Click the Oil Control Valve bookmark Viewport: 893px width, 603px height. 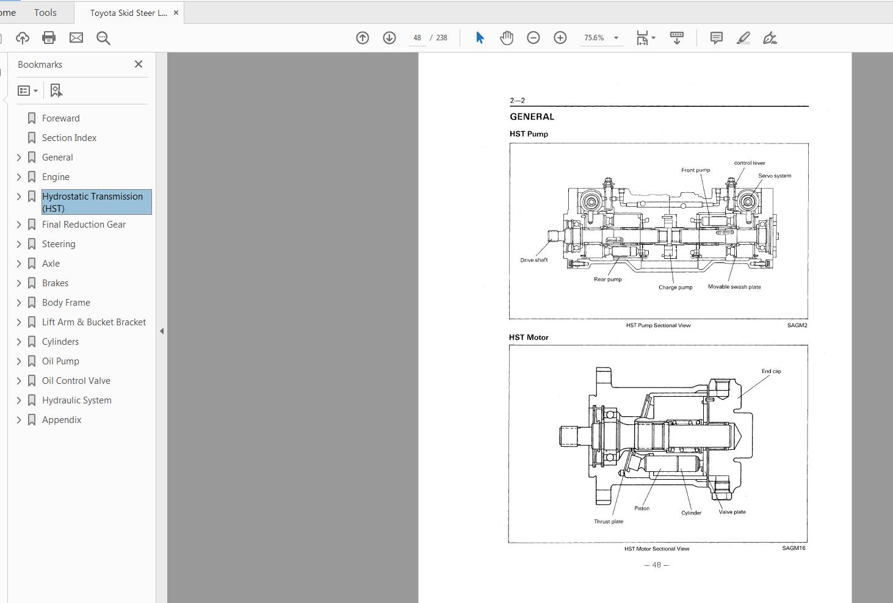coord(76,381)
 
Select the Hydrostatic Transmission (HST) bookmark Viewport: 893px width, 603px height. coord(92,202)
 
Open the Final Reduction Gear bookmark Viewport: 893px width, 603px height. coord(84,225)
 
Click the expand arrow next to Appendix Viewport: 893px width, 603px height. coord(19,420)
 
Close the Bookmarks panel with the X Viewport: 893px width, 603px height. coord(139,64)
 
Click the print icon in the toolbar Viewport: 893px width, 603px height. coord(49,38)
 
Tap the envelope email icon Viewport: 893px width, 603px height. coord(76,38)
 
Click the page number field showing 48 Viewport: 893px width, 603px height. coord(418,38)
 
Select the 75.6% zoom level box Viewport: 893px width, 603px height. coord(594,38)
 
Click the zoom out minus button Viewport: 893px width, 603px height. coord(533,38)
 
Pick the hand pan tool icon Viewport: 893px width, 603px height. coord(507,38)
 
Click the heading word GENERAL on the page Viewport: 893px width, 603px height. coord(532,117)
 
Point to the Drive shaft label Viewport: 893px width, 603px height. coord(533,260)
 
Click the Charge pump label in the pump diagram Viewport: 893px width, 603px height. coord(675,287)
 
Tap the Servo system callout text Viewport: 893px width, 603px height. coord(775,176)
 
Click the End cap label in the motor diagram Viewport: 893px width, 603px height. coord(771,371)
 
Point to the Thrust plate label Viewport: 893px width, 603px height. coord(609,522)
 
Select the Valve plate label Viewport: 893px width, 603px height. coord(732,512)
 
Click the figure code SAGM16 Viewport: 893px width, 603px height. coord(794,548)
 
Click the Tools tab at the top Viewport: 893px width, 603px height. coord(45,12)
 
